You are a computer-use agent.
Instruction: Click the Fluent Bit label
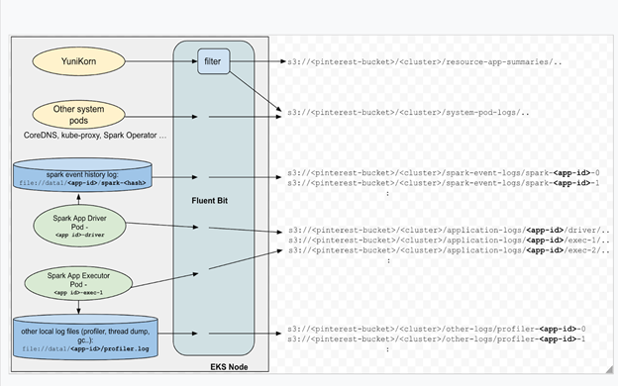tap(212, 200)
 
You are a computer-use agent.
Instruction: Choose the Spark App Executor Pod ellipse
tap(90, 283)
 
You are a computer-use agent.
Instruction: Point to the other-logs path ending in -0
tap(430, 328)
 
